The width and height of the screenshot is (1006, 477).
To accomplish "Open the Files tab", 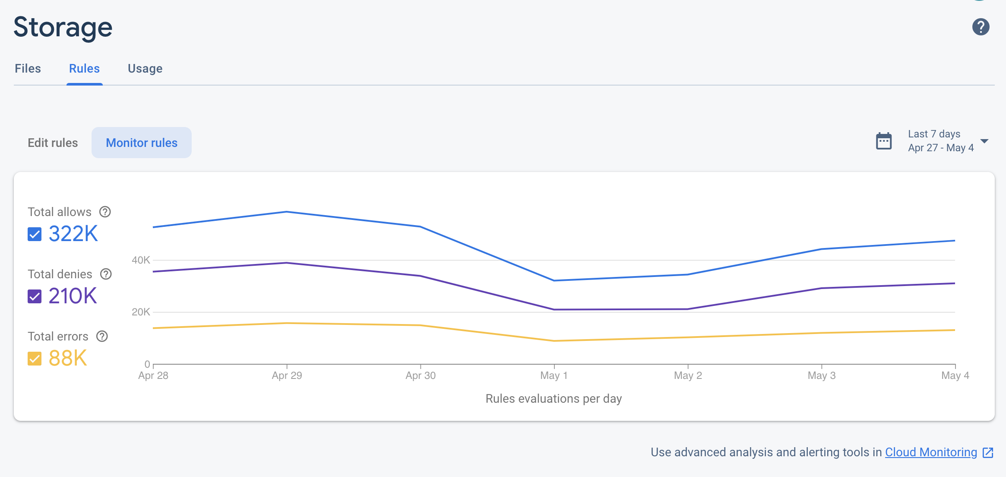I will [x=28, y=69].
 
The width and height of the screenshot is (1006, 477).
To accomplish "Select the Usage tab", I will [x=145, y=69].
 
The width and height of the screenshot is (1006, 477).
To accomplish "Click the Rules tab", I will [x=84, y=69].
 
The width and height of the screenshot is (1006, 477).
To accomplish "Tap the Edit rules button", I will [x=53, y=143].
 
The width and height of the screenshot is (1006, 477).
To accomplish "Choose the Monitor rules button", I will [x=142, y=143].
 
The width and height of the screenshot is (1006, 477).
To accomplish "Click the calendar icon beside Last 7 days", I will [x=883, y=141].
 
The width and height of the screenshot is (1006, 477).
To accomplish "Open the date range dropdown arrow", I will [x=984, y=141].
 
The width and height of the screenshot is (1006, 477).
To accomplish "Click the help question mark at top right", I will [x=981, y=27].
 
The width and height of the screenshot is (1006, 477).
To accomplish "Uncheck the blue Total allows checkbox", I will [x=35, y=234].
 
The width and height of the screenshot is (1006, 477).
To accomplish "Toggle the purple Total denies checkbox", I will [x=35, y=296].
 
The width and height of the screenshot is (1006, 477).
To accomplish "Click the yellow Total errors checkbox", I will [x=35, y=359].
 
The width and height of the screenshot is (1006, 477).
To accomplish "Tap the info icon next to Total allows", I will [x=105, y=212].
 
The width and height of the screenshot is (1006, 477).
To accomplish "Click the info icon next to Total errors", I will [x=102, y=336].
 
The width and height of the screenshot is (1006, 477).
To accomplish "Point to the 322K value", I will [x=73, y=234].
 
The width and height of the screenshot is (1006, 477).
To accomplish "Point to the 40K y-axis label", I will [x=141, y=260].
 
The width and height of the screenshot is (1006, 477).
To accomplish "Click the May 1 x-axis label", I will [x=554, y=375].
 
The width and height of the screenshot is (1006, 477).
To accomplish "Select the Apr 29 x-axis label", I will [x=287, y=375].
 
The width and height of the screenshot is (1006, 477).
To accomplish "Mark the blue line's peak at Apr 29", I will [x=287, y=212].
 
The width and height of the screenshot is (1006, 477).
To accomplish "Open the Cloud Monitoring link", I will [x=931, y=452].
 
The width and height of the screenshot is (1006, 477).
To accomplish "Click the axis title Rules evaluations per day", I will [x=554, y=398].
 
